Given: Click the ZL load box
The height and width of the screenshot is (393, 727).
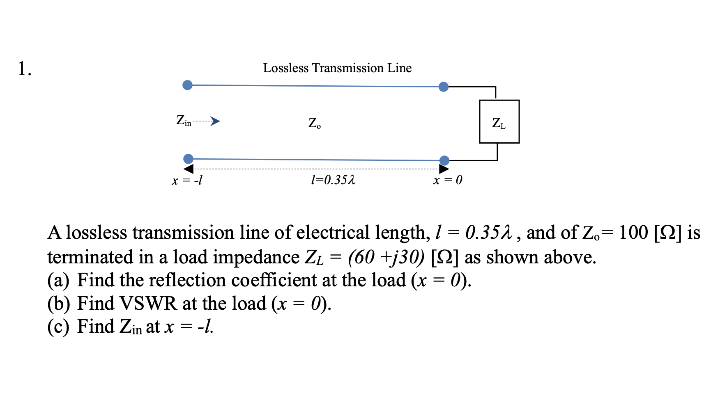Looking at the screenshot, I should pos(499,121).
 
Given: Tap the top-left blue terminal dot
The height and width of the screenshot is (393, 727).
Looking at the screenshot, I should pos(187,85).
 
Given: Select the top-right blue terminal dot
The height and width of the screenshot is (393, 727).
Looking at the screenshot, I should pos(444,87).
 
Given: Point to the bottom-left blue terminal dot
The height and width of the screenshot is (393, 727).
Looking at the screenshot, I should pos(188,159).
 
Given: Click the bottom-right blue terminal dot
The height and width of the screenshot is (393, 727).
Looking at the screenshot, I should pos(444,160).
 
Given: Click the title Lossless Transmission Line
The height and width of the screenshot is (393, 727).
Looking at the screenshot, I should pos(337,68).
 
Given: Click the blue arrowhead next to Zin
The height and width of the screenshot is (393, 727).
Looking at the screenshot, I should pos(215,121).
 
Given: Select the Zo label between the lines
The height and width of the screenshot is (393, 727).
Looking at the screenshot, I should pos(315,123).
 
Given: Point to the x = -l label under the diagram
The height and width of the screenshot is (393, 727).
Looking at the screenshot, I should pos(187,180).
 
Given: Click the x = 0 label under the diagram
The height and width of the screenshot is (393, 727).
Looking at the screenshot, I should pos(447,180).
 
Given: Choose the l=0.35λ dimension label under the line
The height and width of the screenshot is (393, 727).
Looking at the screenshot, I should pos(333,180).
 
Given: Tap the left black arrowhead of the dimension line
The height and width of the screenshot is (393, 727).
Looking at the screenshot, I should pos(189,169).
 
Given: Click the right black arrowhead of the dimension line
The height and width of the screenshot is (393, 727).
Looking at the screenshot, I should pos(444,169).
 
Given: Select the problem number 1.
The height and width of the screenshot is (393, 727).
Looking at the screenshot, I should pos(24,69).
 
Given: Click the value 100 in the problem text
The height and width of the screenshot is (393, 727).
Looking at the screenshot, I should pos(633,233).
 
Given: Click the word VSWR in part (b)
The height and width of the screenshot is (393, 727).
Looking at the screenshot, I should pos(148,304).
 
